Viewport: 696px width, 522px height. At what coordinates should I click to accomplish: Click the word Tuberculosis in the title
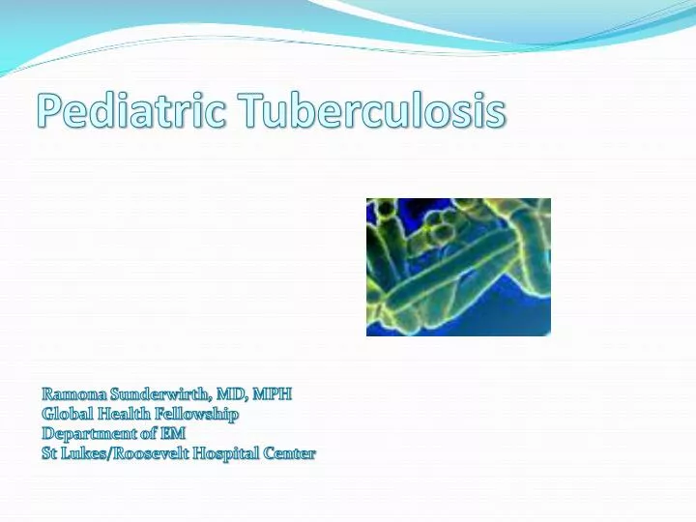point(370,112)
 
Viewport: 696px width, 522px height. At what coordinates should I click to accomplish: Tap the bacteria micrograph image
point(458,267)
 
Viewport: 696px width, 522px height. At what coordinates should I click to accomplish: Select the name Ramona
point(73,394)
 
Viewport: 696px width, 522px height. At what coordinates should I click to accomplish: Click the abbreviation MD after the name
point(232,394)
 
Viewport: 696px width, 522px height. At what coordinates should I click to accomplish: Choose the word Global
point(66,414)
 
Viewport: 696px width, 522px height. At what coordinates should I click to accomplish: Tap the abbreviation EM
point(173,433)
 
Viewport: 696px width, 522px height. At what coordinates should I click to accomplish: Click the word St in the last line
point(50,452)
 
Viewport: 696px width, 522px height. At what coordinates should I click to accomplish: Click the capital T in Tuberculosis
point(247,112)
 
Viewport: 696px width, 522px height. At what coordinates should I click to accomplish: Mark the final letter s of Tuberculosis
point(496,114)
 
